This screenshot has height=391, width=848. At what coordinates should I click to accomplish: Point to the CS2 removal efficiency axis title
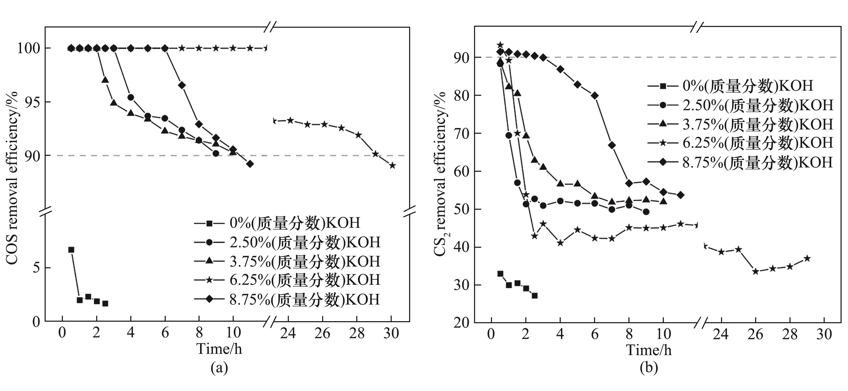pos(441,175)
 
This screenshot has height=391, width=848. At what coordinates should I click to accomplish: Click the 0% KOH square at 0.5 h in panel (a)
pos(71,250)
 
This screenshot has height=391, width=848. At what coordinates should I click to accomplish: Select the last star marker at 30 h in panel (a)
pos(392,165)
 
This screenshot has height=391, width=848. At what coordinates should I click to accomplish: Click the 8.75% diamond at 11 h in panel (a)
pos(250,164)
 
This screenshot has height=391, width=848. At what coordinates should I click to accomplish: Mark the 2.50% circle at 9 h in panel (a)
pos(216,153)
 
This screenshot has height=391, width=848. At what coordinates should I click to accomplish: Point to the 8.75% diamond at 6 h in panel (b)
pos(595,96)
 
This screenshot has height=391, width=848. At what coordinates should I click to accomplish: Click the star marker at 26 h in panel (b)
pos(755,271)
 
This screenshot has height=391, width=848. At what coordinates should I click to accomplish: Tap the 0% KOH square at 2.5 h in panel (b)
pos(534,295)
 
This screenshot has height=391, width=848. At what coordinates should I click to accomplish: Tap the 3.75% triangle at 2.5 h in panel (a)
pos(105,80)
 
